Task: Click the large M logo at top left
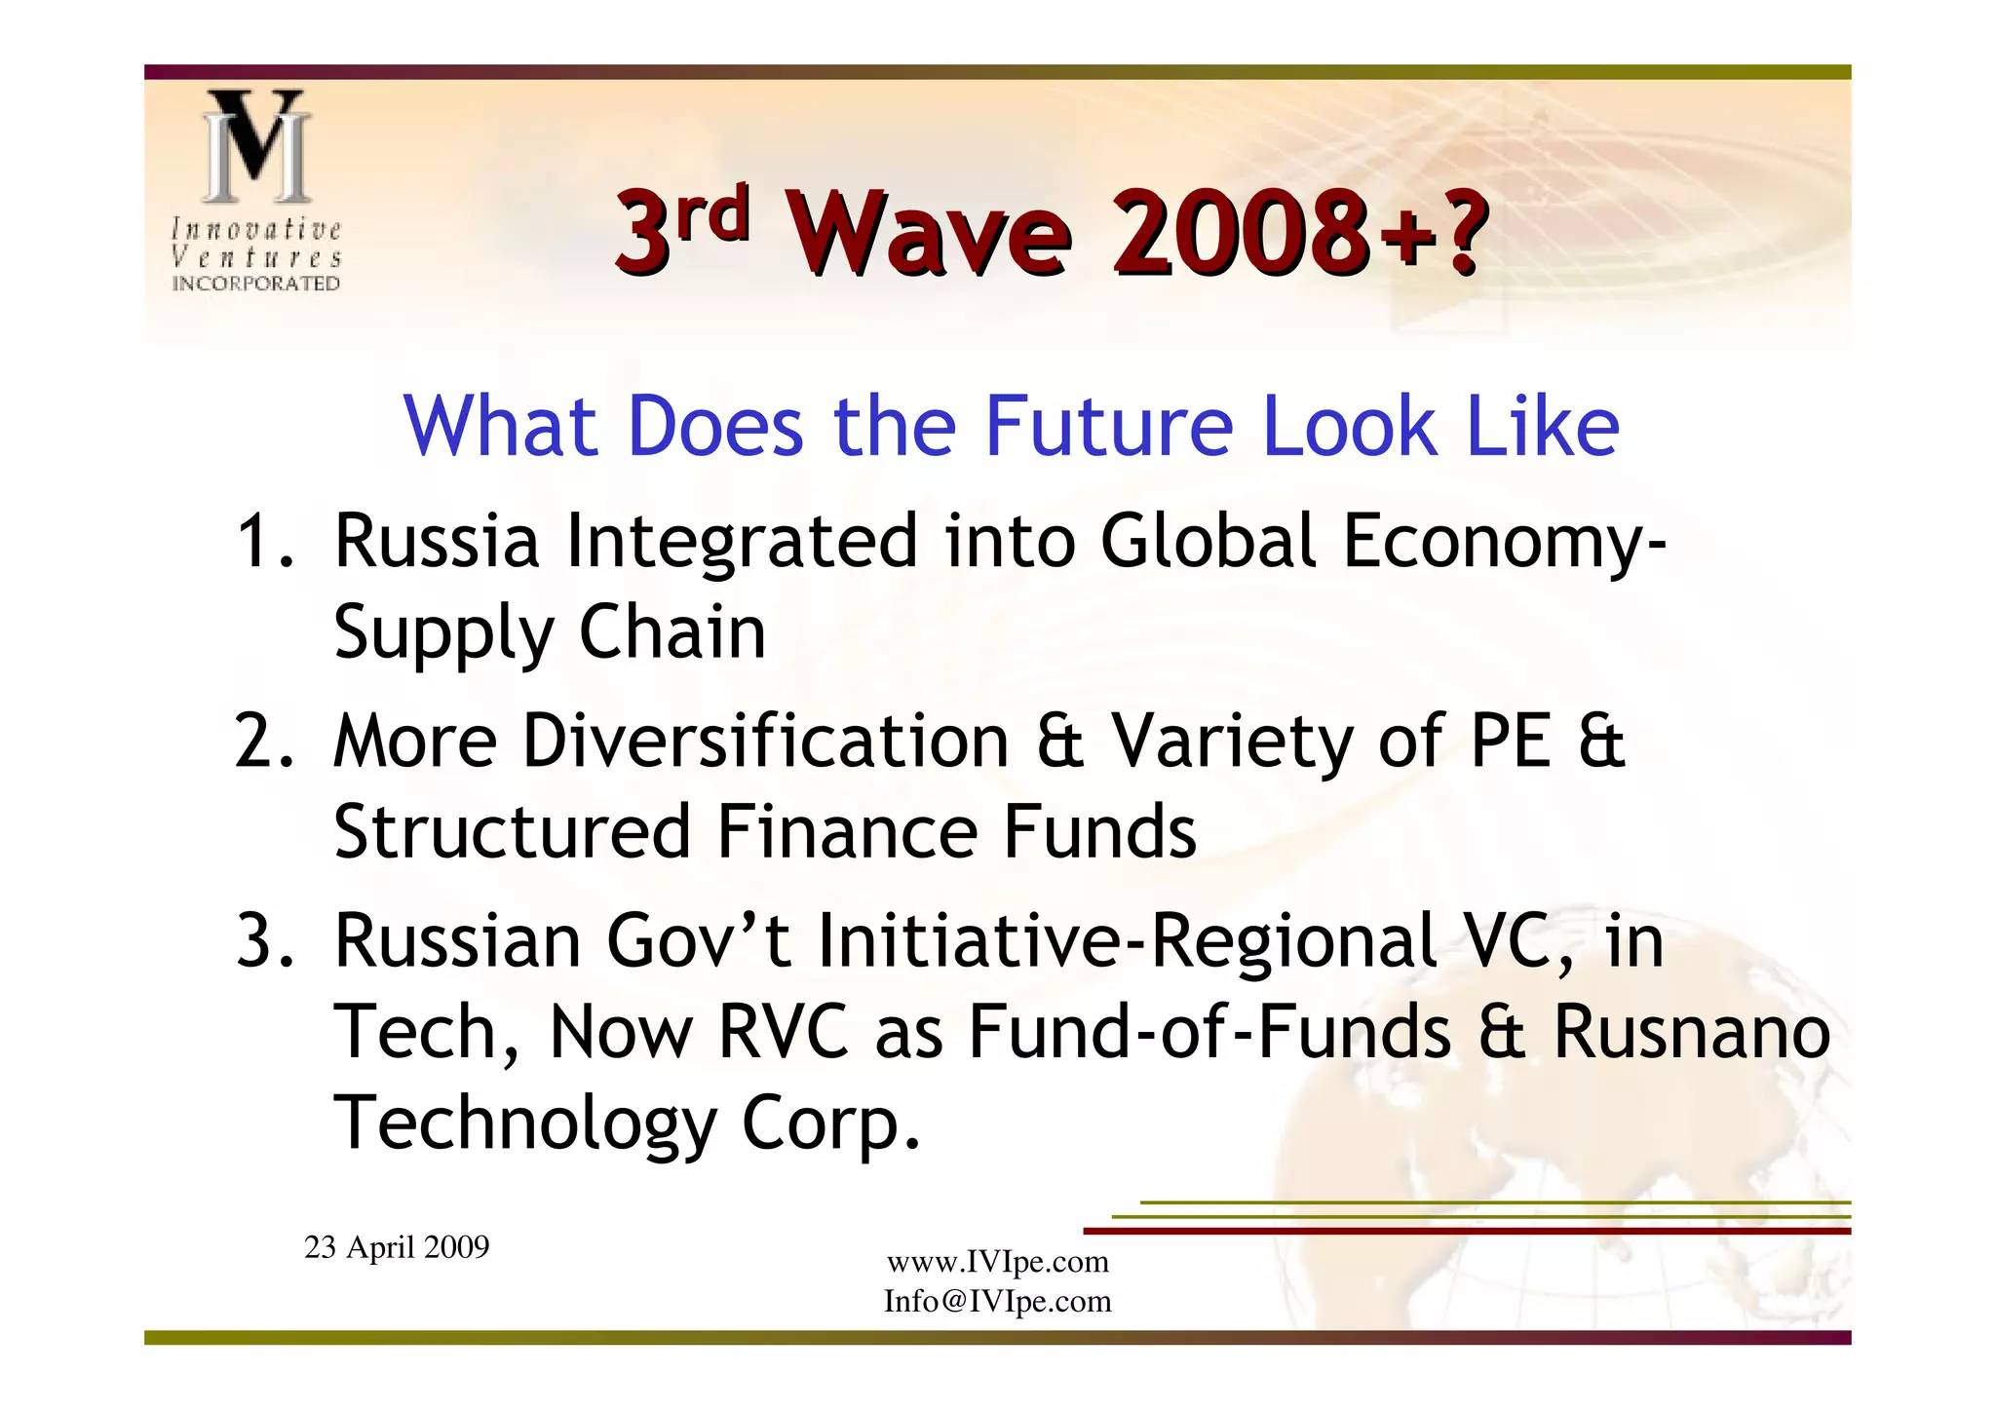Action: click(256, 146)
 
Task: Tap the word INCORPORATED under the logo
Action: click(256, 284)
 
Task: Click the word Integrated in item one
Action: click(742, 541)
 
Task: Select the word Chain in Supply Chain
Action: click(672, 632)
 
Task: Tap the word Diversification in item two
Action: click(765, 741)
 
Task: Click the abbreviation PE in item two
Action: click(1510, 741)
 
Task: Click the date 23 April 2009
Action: click(397, 1247)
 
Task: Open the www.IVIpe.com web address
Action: click(998, 1262)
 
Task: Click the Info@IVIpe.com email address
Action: click(998, 1301)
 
